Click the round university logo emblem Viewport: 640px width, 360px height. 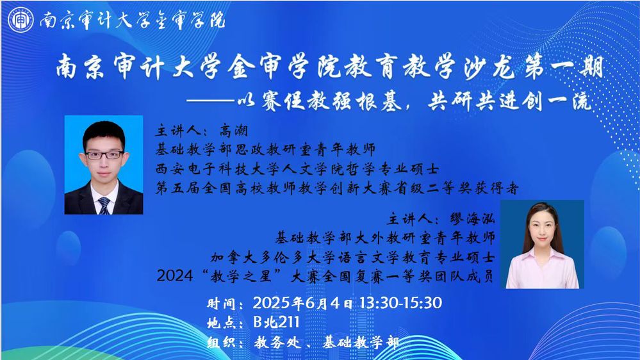coord(21,20)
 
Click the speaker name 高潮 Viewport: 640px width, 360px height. coord(233,131)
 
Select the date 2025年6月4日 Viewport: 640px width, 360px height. coord(302,303)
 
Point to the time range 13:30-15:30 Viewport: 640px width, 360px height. coord(400,303)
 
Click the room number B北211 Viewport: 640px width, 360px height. coord(276,322)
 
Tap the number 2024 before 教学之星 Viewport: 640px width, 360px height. coord(175,276)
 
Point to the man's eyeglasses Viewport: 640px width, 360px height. coord(104,155)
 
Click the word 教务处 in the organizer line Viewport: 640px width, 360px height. coord(277,342)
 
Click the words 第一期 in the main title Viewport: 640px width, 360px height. coord(563,67)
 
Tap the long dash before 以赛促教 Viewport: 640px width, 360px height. coord(211,101)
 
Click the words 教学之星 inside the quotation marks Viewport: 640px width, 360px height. coord(242,276)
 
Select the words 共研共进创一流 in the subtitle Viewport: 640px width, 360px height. coord(509,101)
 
